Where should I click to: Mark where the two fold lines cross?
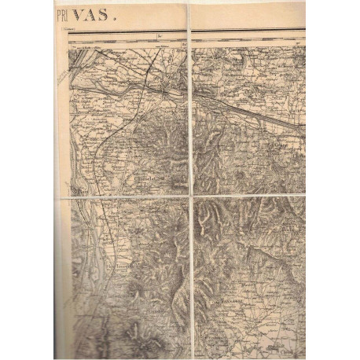(x=191, y=196)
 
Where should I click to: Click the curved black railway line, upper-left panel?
(x=98, y=157)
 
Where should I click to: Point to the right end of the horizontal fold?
(x=305, y=194)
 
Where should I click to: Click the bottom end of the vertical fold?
(x=192, y=358)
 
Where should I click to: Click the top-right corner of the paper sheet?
(x=305, y=3)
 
